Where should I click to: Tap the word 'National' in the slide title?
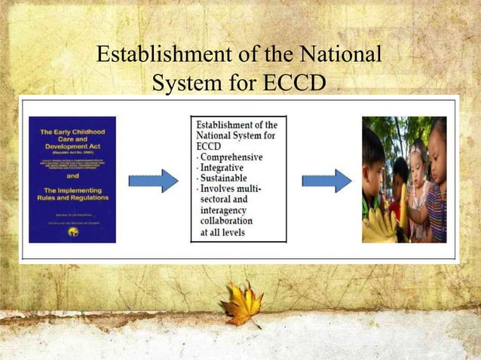(339, 56)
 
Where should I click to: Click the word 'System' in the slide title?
(184, 84)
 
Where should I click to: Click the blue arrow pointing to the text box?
(154, 181)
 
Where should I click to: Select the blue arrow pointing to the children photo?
(326, 181)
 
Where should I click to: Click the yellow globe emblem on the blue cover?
(72, 231)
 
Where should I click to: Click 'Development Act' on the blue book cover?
(72, 145)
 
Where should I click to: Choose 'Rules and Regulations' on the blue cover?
(72, 198)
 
